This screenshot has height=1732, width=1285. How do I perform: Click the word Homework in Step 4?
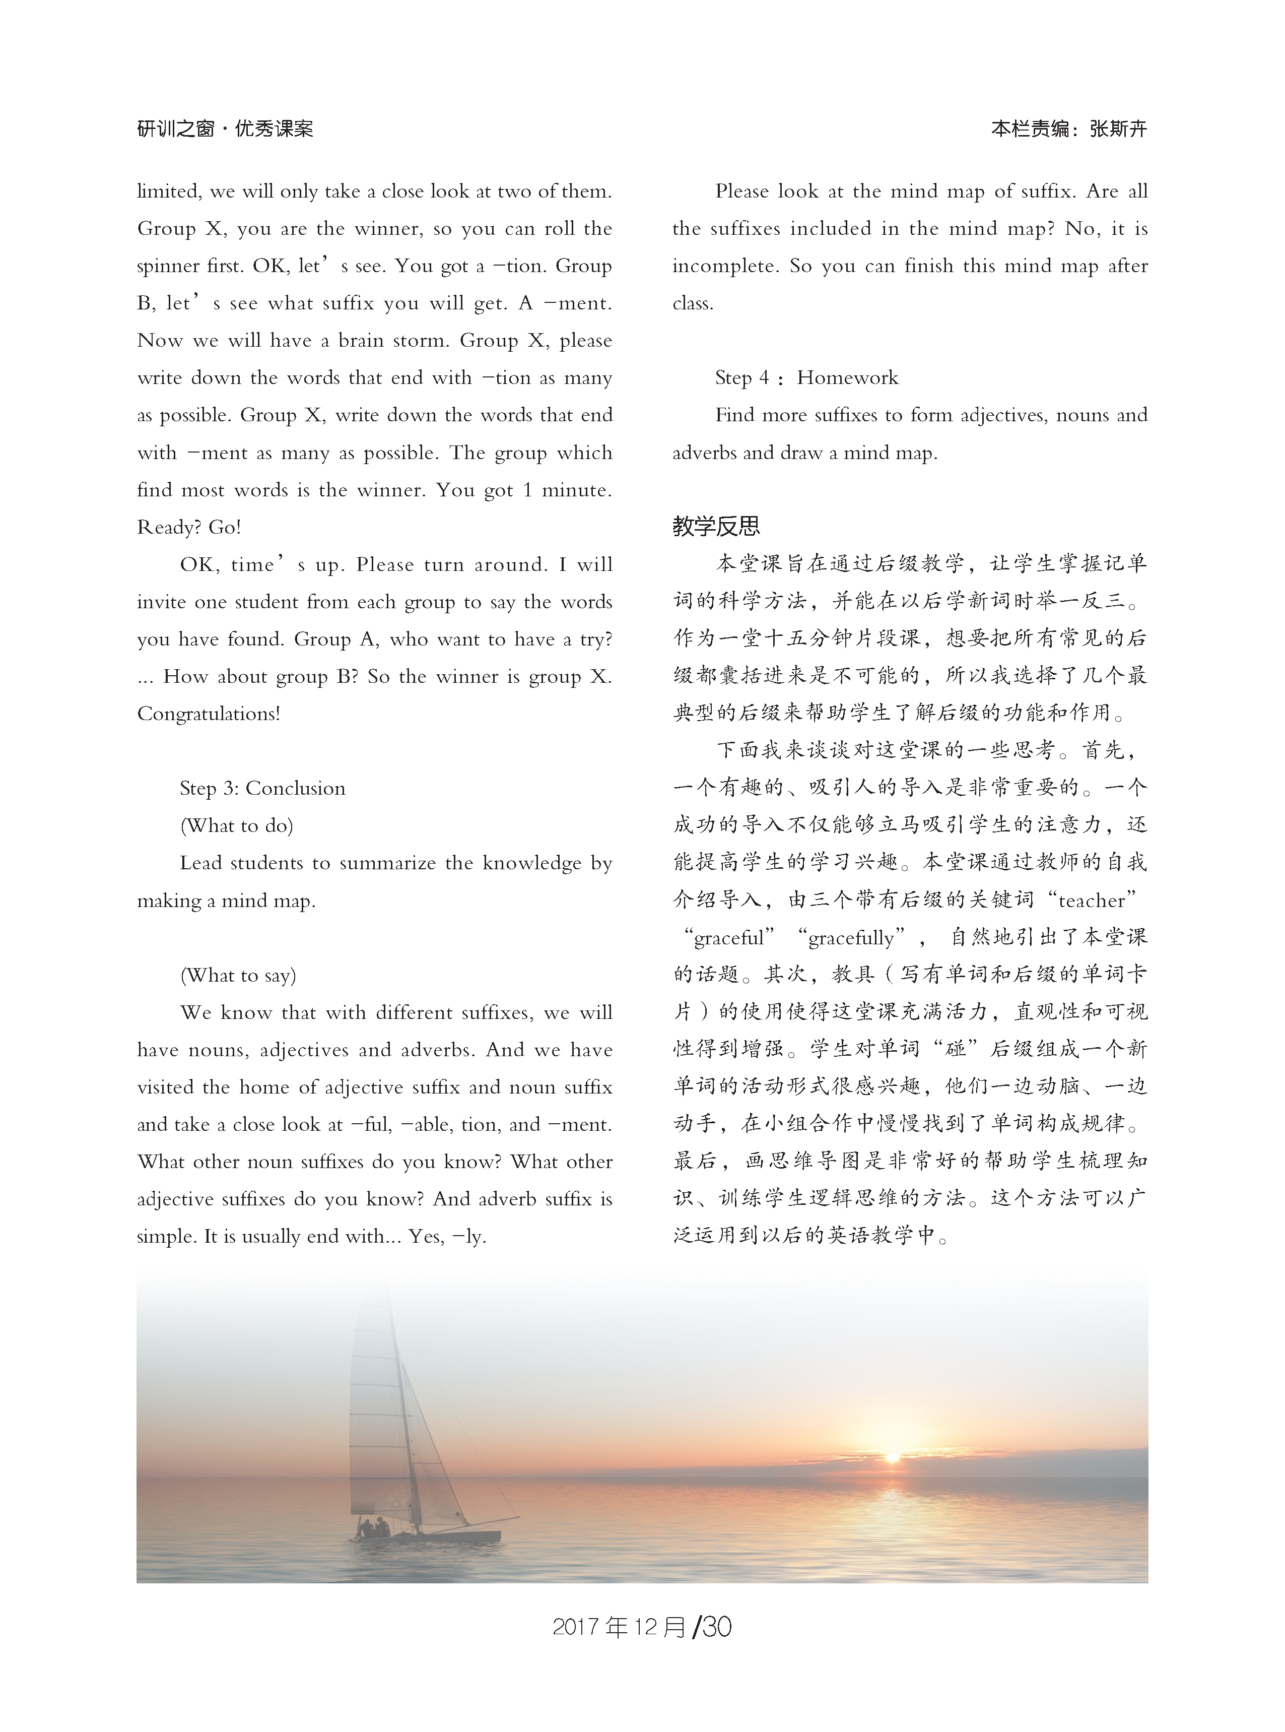click(x=847, y=378)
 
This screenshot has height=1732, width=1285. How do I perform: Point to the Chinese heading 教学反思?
click(x=716, y=527)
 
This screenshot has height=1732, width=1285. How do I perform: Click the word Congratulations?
click(x=209, y=714)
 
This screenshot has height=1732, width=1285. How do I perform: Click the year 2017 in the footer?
click(x=576, y=1628)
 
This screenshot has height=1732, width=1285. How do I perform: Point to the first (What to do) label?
click(x=236, y=825)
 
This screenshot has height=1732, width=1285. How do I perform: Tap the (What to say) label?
click(x=238, y=975)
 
